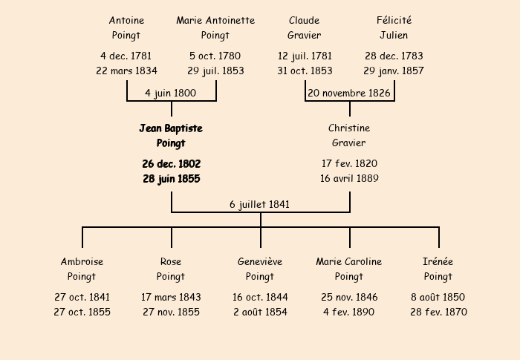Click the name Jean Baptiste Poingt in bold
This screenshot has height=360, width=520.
click(171, 136)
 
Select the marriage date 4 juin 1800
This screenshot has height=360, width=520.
click(170, 93)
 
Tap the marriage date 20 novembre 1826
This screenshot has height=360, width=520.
click(349, 93)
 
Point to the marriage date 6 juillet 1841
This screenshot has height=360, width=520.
click(260, 204)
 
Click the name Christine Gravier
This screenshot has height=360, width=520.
click(349, 135)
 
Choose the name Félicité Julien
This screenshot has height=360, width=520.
click(394, 27)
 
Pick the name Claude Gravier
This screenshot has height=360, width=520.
click(304, 27)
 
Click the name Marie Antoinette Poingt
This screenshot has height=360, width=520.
click(215, 27)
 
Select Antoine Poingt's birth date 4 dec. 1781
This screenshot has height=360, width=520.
click(126, 56)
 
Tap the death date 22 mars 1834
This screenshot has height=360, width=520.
click(127, 71)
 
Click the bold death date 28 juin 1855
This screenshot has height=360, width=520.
click(172, 179)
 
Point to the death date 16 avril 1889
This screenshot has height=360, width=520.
click(349, 178)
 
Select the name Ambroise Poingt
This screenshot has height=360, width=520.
click(82, 269)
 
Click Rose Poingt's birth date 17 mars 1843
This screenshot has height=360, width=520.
click(171, 297)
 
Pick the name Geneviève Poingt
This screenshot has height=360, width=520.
click(260, 269)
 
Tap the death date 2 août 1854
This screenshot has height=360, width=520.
click(260, 312)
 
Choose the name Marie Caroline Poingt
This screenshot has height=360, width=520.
click(349, 269)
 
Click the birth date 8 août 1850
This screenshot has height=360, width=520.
click(438, 297)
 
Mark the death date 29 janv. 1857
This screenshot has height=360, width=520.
click(394, 71)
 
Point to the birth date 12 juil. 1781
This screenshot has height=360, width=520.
click(305, 56)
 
